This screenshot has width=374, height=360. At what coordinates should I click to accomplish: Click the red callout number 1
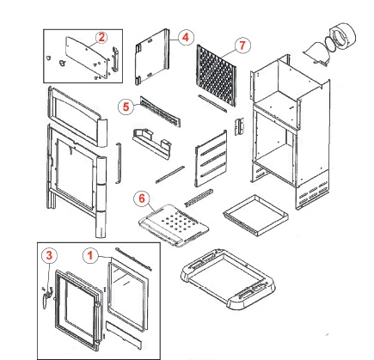point(90,255)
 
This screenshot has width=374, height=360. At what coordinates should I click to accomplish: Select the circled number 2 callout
point(101,38)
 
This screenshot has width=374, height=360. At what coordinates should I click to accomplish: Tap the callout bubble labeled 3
point(49,255)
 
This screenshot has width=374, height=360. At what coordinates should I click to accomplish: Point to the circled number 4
point(186,37)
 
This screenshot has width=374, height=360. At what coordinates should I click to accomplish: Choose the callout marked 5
point(126,107)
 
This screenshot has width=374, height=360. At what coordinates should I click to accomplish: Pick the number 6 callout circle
point(142,198)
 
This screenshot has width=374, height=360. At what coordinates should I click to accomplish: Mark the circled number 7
point(242,46)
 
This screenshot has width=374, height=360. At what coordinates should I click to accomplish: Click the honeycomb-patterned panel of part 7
point(217,75)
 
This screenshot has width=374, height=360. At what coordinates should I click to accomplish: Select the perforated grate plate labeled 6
point(174,225)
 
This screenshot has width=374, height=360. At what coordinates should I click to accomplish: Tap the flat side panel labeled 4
point(152,57)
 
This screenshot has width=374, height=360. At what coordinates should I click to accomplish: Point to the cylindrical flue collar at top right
point(343,37)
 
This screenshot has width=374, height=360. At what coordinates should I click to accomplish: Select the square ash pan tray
point(255,215)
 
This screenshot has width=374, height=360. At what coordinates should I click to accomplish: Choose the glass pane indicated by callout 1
point(128,295)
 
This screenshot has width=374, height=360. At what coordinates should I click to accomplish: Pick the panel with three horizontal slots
point(212,158)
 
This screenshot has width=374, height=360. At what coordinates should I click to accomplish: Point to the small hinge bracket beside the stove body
point(239,126)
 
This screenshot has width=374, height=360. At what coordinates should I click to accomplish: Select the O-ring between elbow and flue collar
point(331,46)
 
